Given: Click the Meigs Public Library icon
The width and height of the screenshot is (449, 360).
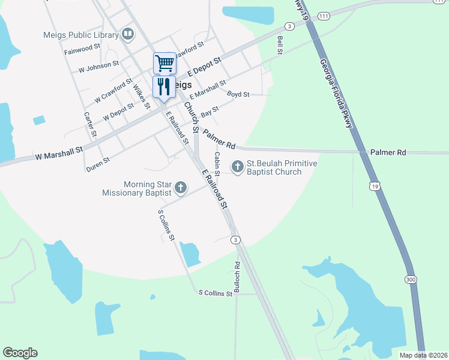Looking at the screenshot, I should tap(127, 34).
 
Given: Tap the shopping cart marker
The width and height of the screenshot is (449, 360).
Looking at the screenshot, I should tap(164, 62).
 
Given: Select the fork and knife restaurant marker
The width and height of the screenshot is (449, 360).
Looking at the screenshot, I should tap(164, 86).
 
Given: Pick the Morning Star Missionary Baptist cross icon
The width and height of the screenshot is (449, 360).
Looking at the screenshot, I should tap(179, 188).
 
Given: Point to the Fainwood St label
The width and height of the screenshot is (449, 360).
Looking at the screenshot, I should tap(82, 49).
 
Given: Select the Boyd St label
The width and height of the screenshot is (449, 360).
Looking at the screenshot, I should tap(238, 94).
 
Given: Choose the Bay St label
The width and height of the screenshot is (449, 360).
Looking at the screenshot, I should tap(209, 112).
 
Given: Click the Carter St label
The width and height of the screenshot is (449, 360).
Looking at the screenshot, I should tap(88, 124).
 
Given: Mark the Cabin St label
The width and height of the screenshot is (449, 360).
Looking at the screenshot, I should tap(217, 163).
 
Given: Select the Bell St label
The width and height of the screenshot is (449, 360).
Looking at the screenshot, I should tap(280, 46).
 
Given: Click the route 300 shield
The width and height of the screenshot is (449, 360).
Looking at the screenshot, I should tap(410, 280).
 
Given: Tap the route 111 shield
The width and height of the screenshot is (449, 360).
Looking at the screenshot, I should tap(324, 16).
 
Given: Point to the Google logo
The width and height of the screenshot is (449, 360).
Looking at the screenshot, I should tap(20, 353).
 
